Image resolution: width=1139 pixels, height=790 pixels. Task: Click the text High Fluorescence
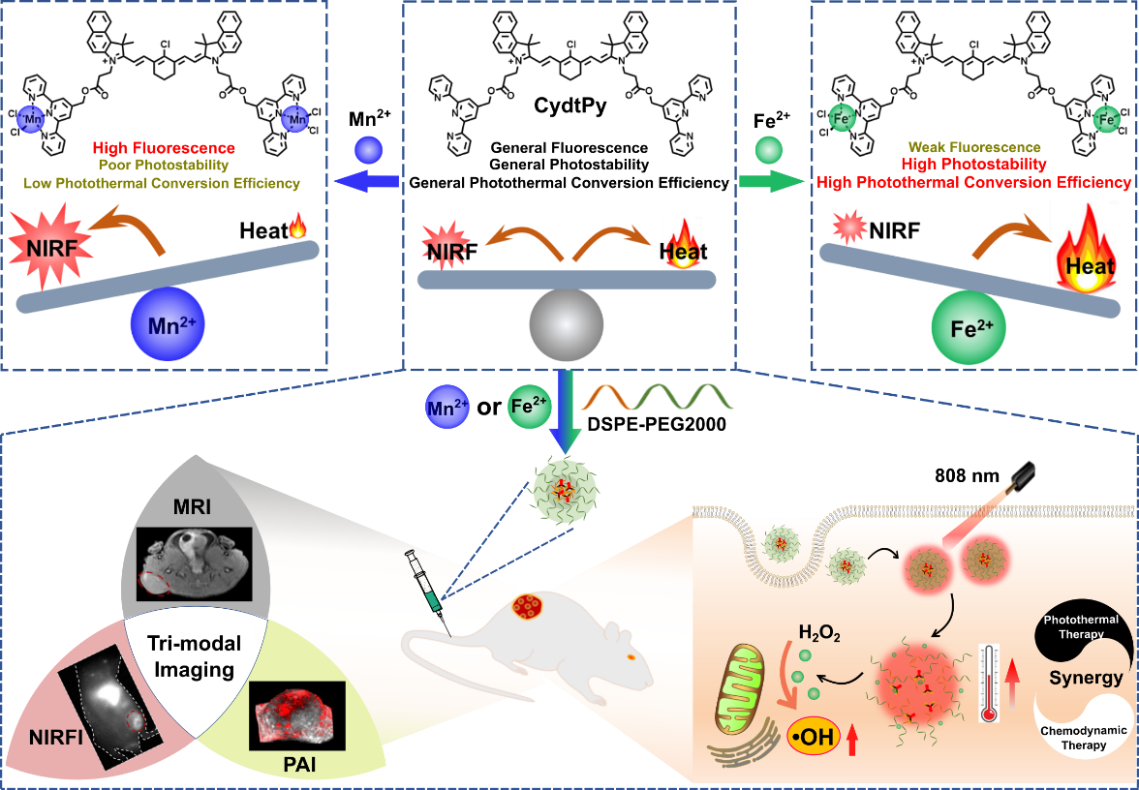point(164,148)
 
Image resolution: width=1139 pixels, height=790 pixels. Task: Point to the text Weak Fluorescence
point(974,148)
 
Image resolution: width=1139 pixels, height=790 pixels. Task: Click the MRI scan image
point(194,560)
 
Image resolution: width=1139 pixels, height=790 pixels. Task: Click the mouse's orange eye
point(631,656)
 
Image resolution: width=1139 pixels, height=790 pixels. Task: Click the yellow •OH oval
point(815,739)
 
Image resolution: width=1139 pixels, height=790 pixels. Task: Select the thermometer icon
point(989,683)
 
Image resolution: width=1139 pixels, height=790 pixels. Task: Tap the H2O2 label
point(818,634)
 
